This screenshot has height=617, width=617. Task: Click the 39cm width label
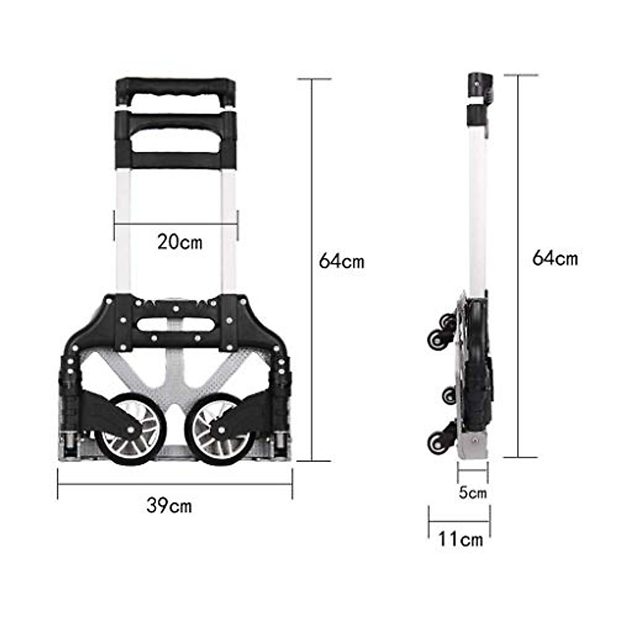coord(169,506)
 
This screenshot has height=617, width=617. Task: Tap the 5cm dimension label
coord(472,493)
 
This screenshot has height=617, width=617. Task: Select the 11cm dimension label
coord(460,539)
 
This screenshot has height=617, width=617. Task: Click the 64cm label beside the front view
coord(341,261)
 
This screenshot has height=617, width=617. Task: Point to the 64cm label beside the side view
coord(555,258)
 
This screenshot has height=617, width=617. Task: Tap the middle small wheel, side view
coord(447,395)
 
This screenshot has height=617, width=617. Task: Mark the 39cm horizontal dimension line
coord(175,484)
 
